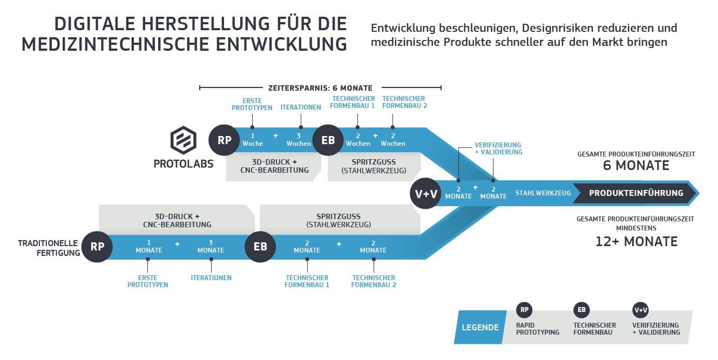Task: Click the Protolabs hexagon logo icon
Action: click(184, 140)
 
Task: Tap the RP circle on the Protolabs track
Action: click(224, 140)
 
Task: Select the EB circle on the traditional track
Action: click(260, 247)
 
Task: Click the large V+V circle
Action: click(425, 193)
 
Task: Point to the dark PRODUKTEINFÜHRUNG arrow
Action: click(635, 193)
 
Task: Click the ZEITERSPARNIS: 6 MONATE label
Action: click(320, 88)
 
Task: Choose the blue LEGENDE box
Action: click(480, 327)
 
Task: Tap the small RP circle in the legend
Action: click(524, 310)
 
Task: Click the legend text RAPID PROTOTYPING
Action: click(538, 329)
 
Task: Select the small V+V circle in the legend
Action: click(640, 310)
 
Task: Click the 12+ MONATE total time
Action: click(636, 241)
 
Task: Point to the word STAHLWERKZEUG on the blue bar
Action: click(543, 193)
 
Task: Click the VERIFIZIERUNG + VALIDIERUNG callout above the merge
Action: click(498, 148)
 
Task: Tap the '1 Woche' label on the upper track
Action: click(253, 140)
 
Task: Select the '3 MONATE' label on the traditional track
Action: click(211, 247)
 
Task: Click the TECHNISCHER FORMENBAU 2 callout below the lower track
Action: click(374, 281)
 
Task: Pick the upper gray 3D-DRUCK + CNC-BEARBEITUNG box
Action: click(273, 167)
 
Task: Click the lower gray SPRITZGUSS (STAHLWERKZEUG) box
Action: click(340, 220)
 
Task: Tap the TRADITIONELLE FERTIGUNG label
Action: click(49, 248)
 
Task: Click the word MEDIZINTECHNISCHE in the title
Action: click(116, 44)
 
